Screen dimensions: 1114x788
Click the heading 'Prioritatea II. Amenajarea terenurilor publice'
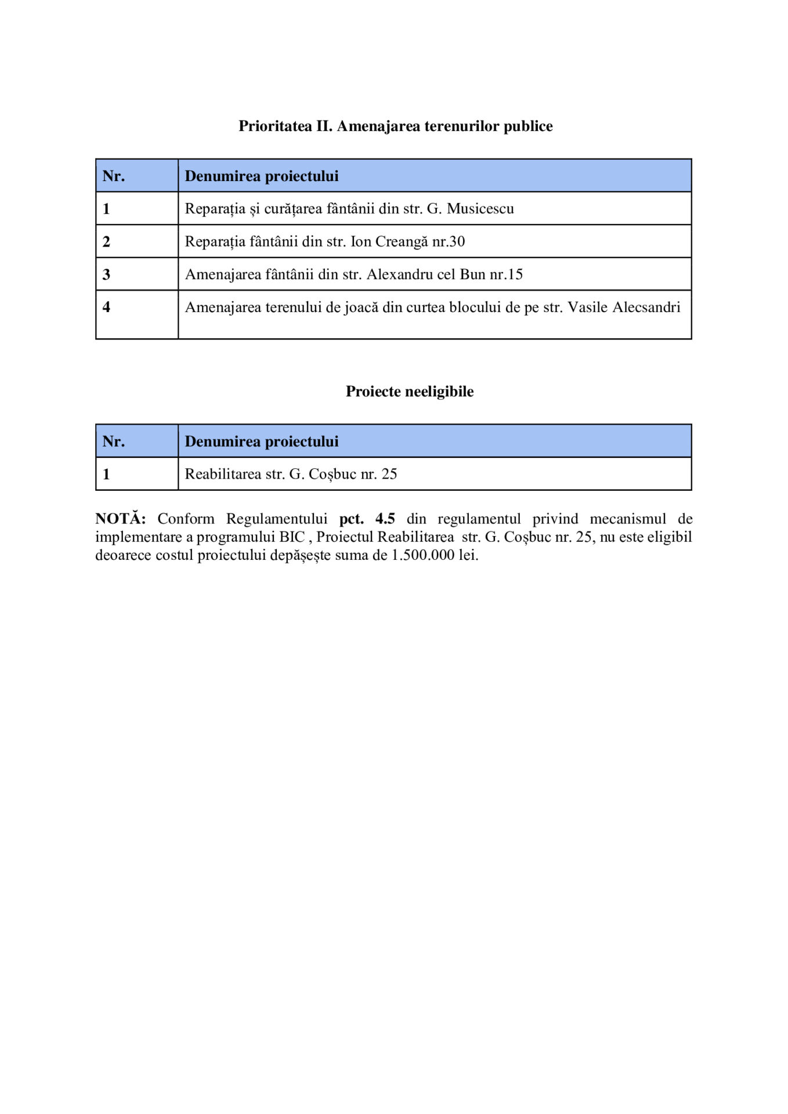(395, 126)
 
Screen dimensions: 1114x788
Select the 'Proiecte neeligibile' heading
(409, 391)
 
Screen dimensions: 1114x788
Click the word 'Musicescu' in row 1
(480, 208)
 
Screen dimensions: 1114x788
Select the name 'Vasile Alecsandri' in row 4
(624, 307)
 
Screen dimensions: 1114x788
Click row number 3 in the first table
(106, 274)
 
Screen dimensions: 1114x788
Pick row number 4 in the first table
(106, 307)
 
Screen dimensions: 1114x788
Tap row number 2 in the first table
(106, 241)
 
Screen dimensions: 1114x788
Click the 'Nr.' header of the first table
(114, 176)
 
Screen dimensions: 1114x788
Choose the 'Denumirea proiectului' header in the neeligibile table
(261, 441)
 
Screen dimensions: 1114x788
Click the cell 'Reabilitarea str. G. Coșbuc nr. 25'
(291, 474)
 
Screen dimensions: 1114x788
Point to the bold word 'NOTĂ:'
(120, 518)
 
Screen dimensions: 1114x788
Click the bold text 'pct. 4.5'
(367, 518)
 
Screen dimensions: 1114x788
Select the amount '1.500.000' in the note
(422, 555)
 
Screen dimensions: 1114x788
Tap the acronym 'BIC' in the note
(292, 537)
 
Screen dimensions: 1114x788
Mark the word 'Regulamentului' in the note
(276, 518)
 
